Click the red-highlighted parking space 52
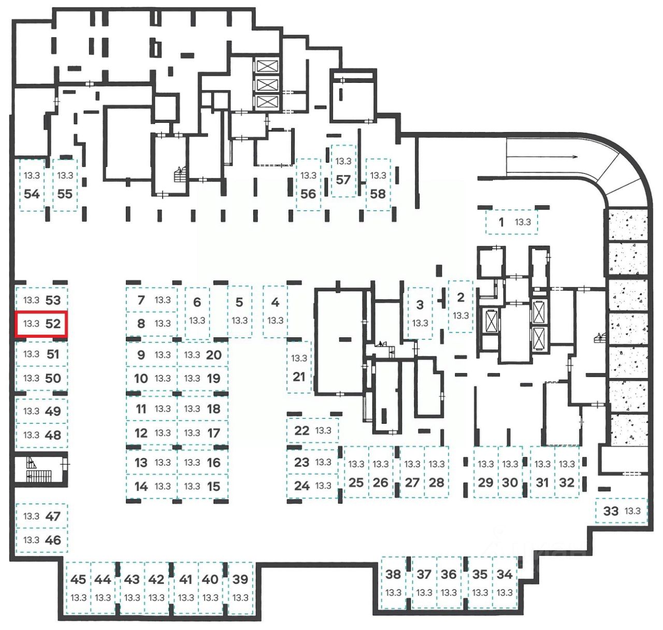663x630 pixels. click(x=41, y=324)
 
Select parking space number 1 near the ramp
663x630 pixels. click(x=511, y=222)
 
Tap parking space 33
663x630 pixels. click(x=621, y=511)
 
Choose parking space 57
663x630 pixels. click(x=343, y=171)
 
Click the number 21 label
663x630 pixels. click(x=299, y=377)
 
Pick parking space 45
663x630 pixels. click(x=78, y=588)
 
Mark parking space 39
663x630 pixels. click(x=240, y=588)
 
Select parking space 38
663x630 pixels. click(x=394, y=583)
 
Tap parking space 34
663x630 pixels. click(x=505, y=583)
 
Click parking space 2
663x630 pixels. click(x=460, y=306)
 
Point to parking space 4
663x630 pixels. click(x=275, y=311)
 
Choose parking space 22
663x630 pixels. click(x=312, y=431)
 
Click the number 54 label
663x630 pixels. click(x=32, y=194)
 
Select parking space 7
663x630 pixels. click(x=151, y=300)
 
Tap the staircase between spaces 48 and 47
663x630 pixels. click(x=39, y=470)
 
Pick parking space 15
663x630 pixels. click(x=203, y=486)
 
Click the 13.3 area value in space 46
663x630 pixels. click(x=31, y=540)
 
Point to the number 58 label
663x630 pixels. click(x=378, y=194)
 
